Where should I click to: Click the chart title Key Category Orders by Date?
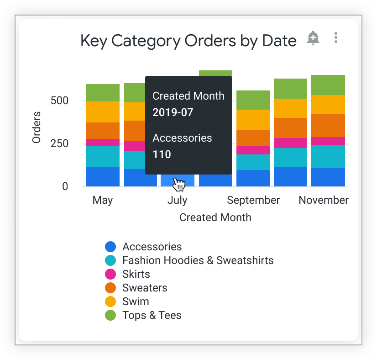188,41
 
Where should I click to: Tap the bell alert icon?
313,38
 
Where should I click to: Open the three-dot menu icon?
336,38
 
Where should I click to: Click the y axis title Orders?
37,127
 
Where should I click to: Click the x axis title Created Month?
215,217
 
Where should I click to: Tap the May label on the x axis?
103,200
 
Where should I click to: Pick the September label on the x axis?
253,200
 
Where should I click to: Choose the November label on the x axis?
324,200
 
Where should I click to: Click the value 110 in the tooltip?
162,154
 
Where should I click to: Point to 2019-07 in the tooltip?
173,112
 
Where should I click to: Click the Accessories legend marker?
111,247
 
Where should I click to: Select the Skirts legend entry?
136,274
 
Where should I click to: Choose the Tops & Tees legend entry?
152,315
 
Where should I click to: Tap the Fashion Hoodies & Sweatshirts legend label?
198,260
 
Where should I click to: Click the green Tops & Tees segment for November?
328,85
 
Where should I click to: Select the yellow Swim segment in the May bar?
103,112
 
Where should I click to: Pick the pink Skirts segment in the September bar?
253,150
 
